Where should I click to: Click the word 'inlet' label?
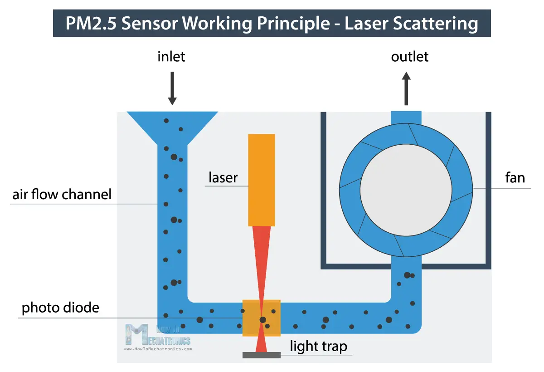pyautogui.click(x=171, y=57)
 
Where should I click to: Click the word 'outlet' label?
pyautogui.click(x=409, y=57)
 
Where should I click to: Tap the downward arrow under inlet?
pyautogui.click(x=172, y=88)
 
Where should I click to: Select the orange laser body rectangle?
pyautogui.click(x=262, y=180)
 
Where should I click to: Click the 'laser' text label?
pyautogui.click(x=223, y=177)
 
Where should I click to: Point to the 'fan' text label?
pyautogui.click(x=515, y=177)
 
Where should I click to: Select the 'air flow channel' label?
pyautogui.click(x=62, y=195)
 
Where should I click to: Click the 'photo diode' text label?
pyautogui.click(x=60, y=308)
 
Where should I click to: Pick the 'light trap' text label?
pyautogui.click(x=319, y=347)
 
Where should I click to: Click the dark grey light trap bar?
pyautogui.click(x=262, y=355)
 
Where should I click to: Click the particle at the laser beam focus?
pyautogui.click(x=262, y=320)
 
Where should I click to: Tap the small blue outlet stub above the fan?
pyautogui.click(x=406, y=117)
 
